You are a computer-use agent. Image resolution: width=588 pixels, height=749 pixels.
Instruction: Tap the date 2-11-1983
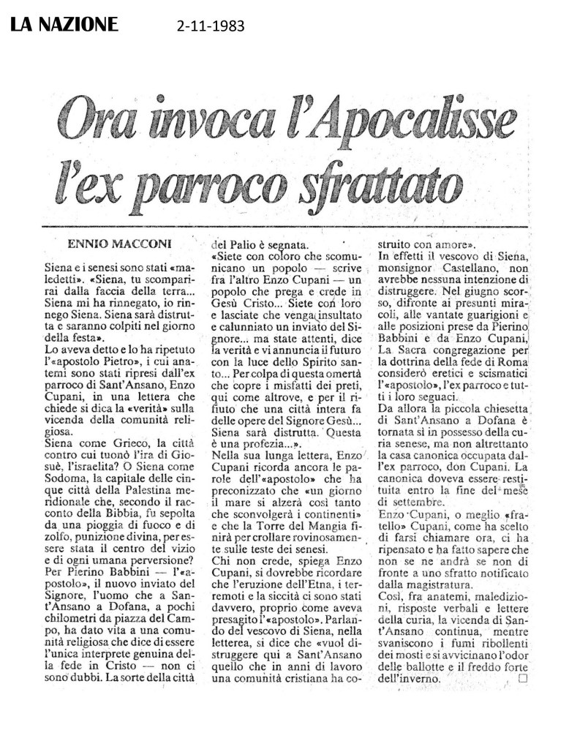(209, 28)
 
